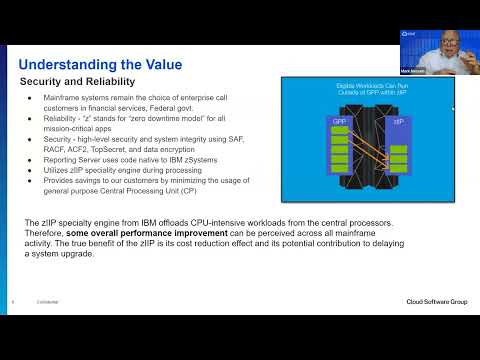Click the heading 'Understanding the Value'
pyautogui.click(x=100, y=65)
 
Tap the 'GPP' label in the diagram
pyautogui.click(x=339, y=122)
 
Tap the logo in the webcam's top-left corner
pyautogui.click(x=408, y=34)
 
